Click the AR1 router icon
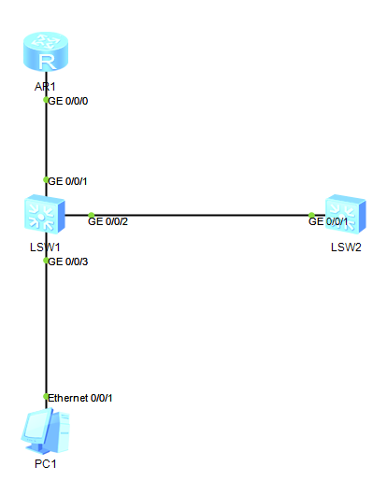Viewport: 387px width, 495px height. [x=46, y=51]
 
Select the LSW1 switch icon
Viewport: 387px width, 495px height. [x=45, y=214]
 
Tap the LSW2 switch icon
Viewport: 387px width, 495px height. [x=346, y=214]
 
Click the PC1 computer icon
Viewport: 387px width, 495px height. [x=45, y=431]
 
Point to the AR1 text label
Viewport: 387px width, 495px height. [x=45, y=87]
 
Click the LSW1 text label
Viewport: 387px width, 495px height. [x=45, y=247]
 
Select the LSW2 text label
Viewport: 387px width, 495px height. [x=346, y=247]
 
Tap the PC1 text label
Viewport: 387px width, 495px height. [x=46, y=464]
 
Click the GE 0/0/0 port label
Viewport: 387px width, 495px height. [x=68, y=101]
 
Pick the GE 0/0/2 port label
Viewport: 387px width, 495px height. [x=108, y=221]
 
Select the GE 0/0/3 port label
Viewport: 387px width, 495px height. [x=68, y=262]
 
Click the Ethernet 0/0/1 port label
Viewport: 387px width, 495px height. [x=80, y=398]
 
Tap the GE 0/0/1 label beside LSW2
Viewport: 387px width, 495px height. [x=328, y=221]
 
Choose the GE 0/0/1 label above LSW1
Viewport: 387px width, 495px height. [x=67, y=181]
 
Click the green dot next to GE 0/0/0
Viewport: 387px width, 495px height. [x=46, y=100]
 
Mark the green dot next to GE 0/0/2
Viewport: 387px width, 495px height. [x=91, y=216]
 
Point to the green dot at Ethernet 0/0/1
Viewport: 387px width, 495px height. [x=46, y=397]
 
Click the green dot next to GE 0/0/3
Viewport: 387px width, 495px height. [x=46, y=261]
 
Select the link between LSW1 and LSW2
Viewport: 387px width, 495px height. [x=195, y=216]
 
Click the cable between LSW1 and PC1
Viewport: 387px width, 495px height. [x=46, y=321]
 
